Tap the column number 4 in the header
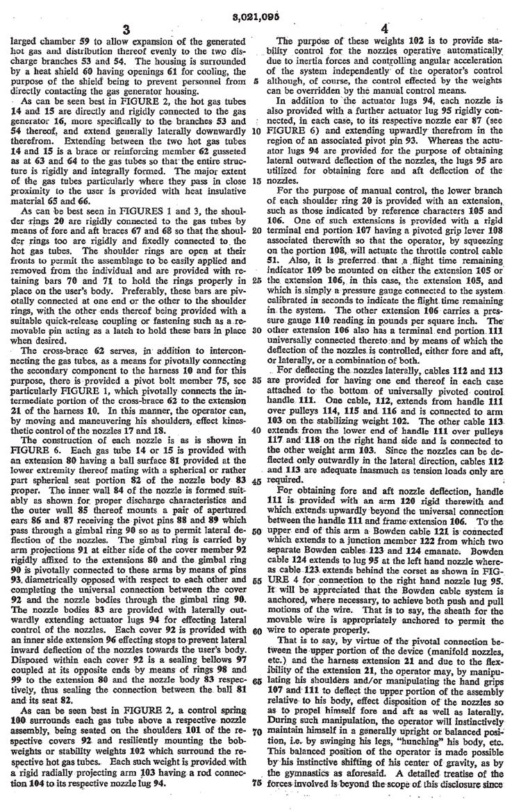tap(392, 30)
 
